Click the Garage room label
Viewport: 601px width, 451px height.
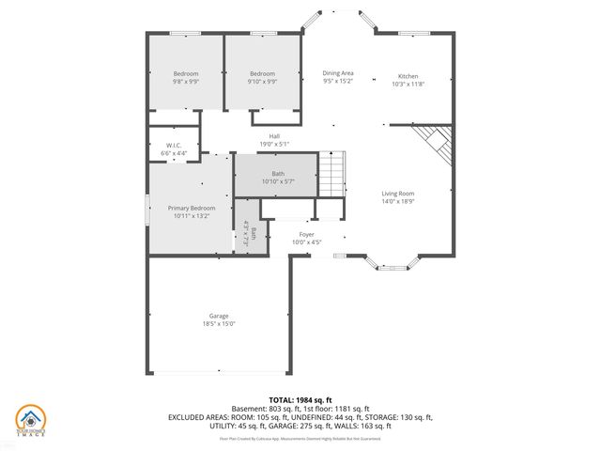219,316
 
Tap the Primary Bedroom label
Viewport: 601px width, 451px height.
192,208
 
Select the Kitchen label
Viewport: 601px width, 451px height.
408,76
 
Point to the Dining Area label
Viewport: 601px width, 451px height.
338,73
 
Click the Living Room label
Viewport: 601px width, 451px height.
398,194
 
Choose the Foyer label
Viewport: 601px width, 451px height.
306,234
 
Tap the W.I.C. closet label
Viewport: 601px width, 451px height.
174,145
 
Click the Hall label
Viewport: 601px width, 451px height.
274,136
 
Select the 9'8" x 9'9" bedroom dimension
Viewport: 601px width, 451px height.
186,82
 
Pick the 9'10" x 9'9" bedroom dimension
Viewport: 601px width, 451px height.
262,82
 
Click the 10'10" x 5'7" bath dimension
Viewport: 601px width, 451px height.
278,181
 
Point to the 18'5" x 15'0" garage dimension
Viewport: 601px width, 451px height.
219,324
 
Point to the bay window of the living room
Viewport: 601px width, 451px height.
389,264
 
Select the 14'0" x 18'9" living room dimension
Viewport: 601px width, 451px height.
398,201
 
